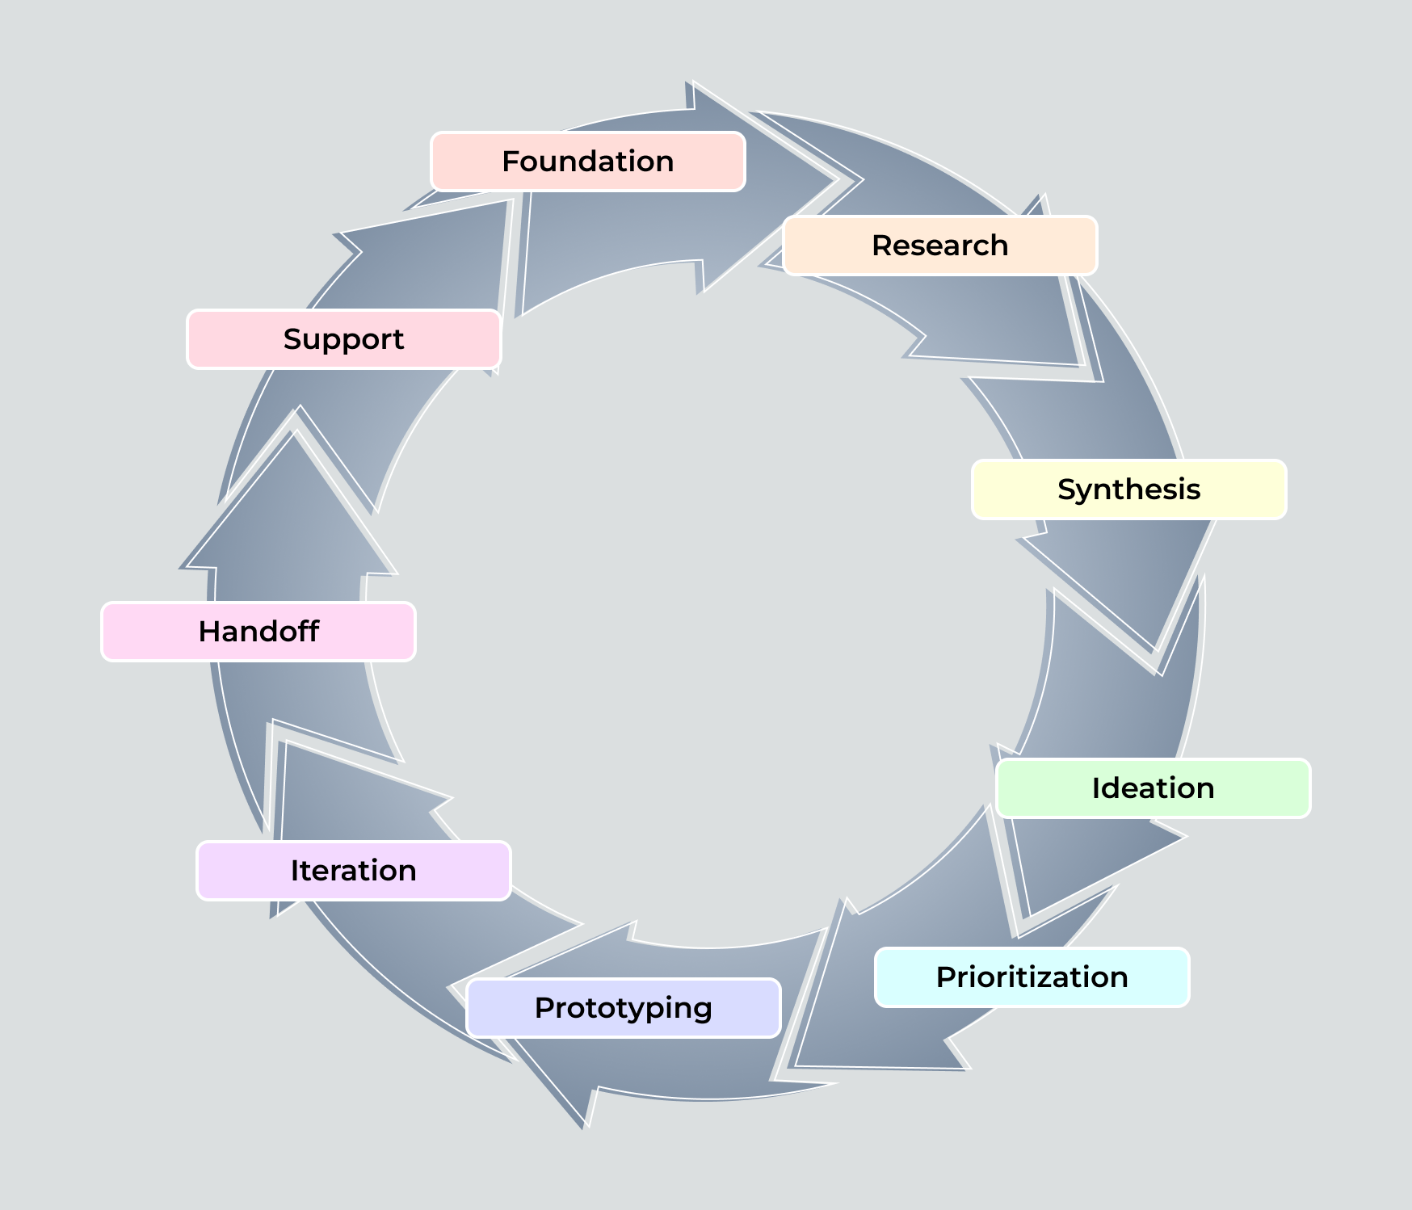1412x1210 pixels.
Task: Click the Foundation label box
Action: (587, 162)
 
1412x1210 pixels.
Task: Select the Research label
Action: (939, 246)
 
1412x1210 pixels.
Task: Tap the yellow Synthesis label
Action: (1128, 489)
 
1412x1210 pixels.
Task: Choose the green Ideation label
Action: (1153, 788)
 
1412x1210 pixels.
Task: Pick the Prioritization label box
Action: (1032, 977)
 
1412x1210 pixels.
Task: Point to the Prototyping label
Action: (623, 1008)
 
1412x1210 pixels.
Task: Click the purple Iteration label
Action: (353, 871)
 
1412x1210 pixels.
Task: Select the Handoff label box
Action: (258, 632)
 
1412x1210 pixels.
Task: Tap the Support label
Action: (343, 339)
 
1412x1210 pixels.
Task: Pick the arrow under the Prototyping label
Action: (687, 1066)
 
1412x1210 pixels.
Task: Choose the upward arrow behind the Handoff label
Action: (291, 549)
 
